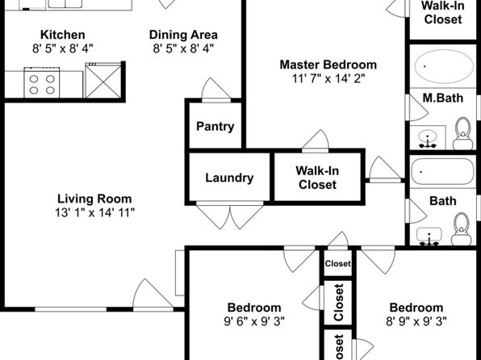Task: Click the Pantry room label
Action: point(215,127)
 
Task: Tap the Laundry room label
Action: point(229,178)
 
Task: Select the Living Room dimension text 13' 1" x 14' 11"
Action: point(94,212)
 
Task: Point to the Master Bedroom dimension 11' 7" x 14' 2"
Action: point(328,78)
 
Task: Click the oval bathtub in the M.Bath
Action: point(444,66)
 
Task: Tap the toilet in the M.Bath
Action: point(463,133)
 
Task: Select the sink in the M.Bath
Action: point(428,137)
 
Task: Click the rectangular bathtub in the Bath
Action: point(442,171)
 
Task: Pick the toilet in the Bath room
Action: point(462,228)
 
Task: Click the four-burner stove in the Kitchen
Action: point(42,83)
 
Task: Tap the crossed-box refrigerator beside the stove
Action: point(103,81)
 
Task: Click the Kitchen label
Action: point(63,35)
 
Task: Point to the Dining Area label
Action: point(183,35)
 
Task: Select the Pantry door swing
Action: point(216,89)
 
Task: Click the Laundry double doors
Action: point(229,215)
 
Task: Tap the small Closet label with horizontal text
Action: point(337,264)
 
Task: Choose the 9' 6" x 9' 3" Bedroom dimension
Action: point(254,321)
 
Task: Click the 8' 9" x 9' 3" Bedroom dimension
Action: point(416,321)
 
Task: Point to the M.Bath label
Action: point(443,98)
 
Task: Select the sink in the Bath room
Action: point(429,237)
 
